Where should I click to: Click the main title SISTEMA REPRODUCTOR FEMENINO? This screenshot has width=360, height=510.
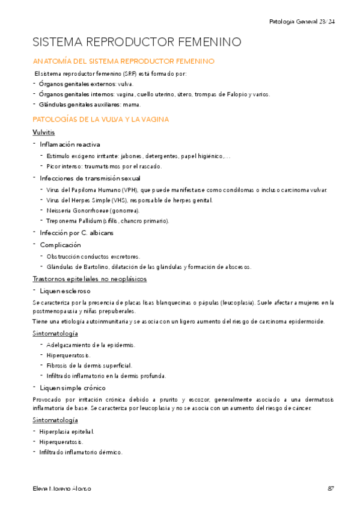(136, 42)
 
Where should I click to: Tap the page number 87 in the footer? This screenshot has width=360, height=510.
(331, 488)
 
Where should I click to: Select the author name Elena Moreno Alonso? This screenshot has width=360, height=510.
(63, 488)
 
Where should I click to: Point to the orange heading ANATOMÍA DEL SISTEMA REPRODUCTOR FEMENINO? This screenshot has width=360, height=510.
(123, 61)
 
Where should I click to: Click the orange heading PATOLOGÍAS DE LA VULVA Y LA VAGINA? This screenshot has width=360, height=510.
(100, 120)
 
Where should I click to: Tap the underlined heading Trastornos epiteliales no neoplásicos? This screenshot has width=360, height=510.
(90, 279)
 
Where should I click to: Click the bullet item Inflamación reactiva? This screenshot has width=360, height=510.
(70, 144)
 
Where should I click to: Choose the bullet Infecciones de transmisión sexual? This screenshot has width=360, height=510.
(90, 178)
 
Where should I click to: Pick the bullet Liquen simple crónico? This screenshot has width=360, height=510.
(73, 387)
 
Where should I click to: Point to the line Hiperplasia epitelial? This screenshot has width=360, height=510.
(67, 432)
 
